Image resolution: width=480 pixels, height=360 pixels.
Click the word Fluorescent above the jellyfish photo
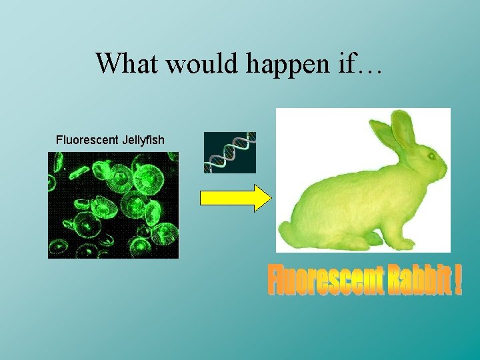click(87, 140)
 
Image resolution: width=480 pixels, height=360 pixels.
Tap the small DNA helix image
click(230, 153)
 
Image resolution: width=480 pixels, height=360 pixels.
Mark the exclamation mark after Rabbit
click(458, 281)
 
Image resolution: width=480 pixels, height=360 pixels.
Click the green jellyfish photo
click(113, 205)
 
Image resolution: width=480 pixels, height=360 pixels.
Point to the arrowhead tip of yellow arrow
click(270, 198)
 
